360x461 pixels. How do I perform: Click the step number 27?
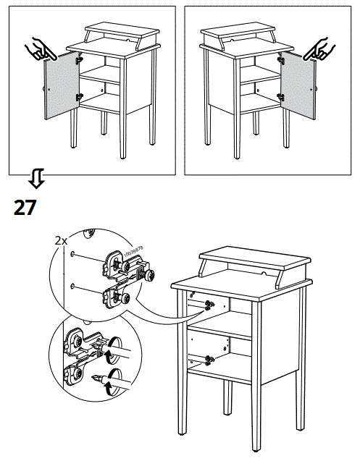pyautogui.click(x=25, y=208)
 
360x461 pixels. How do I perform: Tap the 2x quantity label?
pyautogui.click(x=61, y=240)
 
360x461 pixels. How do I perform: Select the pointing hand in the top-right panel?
pyautogui.click(x=319, y=48)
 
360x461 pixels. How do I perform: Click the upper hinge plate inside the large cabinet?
pyautogui.click(x=209, y=304)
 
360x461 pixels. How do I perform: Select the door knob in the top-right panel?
pyautogui.click(x=314, y=88)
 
